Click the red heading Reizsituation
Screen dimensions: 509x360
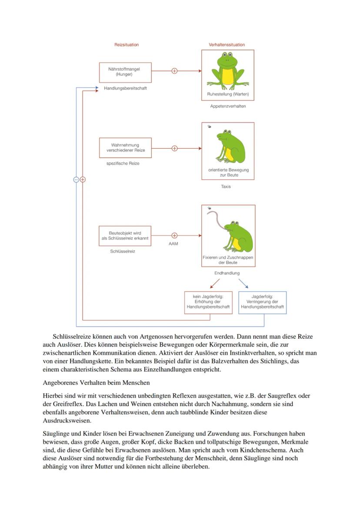tap(127, 45)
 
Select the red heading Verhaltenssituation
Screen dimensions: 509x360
tap(227, 45)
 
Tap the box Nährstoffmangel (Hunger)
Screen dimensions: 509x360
tap(125, 72)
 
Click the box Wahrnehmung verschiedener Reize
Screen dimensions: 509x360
tap(125, 148)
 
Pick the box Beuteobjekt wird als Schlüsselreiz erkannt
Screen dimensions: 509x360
tap(125, 236)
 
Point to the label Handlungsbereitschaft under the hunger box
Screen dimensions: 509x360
tap(125, 88)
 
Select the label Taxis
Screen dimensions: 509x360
tap(226, 186)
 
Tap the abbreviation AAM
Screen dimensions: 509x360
tap(173, 244)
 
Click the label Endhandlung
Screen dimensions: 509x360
tap(227, 273)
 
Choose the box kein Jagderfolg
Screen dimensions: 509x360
tap(208, 302)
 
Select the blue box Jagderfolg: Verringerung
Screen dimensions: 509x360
tap(263, 302)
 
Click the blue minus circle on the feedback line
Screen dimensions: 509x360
tap(76, 180)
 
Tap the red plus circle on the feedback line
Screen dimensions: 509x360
tap(83, 180)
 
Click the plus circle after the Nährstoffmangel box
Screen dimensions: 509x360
tap(174, 71)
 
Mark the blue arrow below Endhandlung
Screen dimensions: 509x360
tap(243, 283)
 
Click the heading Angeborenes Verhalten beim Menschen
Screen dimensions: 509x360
tap(96, 383)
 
